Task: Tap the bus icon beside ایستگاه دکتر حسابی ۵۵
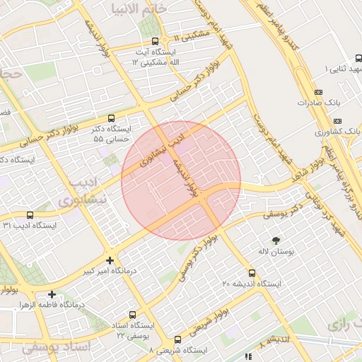pos(110,119)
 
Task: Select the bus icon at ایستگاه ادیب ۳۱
pos(29,215)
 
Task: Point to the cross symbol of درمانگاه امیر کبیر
pos(110,260)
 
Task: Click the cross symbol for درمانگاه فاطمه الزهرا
pos(52,294)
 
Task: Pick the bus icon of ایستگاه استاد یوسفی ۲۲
pos(134,315)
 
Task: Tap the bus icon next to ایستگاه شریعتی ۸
pos(177,339)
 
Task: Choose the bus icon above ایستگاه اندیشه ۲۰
pos(252,273)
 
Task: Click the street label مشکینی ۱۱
pos(191,35)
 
